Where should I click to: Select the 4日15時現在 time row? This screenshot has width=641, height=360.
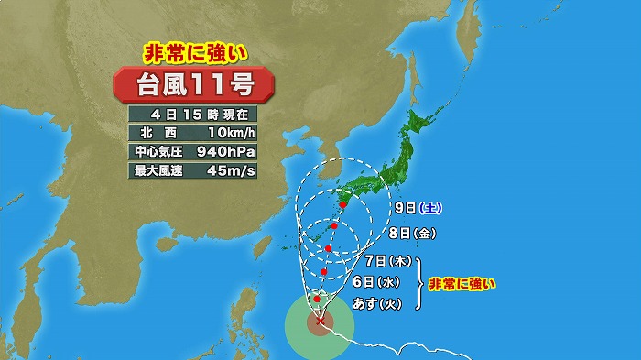tap(193, 115)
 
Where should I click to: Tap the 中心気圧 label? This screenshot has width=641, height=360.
tap(159, 151)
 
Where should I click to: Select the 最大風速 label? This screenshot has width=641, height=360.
tap(159, 169)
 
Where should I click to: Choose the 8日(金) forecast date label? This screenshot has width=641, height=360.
tap(410, 234)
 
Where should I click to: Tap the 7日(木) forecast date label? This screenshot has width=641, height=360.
tap(384, 261)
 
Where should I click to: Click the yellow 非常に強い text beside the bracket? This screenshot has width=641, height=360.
tap(462, 283)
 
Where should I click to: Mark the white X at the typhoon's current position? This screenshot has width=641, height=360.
tap(319, 320)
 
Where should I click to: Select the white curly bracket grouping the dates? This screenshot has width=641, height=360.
tap(421, 282)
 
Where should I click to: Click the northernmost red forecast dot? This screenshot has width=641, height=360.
tap(342, 204)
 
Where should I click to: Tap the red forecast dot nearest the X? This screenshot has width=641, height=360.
tap(316, 299)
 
